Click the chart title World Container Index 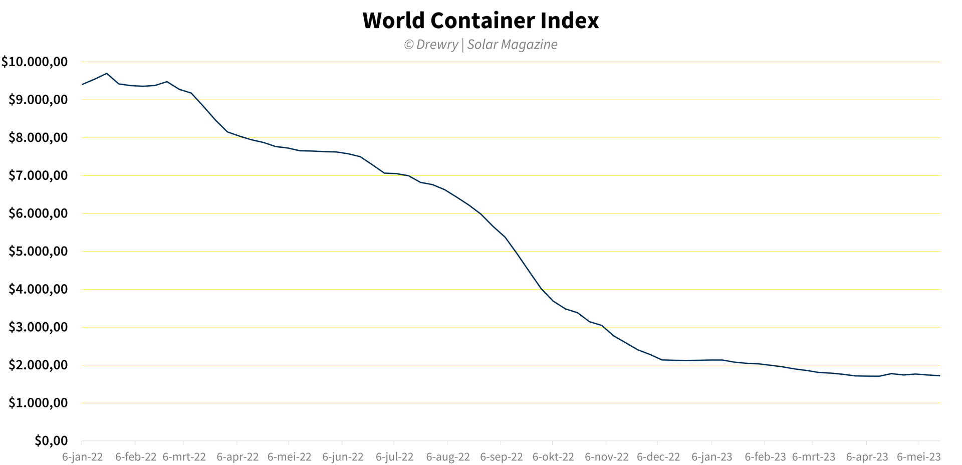480,21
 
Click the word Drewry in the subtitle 437,45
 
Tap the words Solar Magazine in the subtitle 512,45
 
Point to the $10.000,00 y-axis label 35,62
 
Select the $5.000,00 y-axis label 38,251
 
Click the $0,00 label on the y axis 51,440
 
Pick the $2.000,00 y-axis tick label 38,365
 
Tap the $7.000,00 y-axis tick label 38,175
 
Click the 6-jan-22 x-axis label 82,457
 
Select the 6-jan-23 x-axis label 711,457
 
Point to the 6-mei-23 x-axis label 918,457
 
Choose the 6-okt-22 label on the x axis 553,457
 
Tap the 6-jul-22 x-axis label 394,457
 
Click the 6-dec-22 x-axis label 658,457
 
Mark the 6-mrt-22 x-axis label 184,457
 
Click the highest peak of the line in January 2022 106,74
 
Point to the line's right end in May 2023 939,376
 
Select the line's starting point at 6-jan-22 82,84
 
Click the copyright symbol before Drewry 409,45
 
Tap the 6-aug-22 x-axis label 448,457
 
